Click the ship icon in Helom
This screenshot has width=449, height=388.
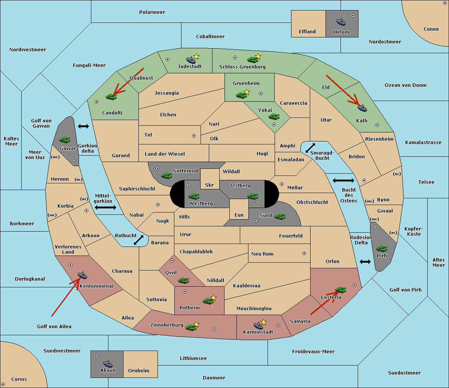[341, 22]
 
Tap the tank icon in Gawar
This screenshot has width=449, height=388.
[65, 140]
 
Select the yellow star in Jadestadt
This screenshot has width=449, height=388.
[196, 56]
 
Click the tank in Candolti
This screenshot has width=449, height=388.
[111, 97]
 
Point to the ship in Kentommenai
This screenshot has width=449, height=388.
[83, 275]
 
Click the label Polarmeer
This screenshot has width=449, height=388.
[152, 12]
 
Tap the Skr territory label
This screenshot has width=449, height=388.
[210, 185]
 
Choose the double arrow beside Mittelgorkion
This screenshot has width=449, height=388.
[106, 207]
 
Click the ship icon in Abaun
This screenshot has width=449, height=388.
[108, 363]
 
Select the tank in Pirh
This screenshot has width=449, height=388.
[382, 248]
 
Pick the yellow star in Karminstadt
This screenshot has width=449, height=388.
[263, 322]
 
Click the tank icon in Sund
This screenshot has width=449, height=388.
[280, 216]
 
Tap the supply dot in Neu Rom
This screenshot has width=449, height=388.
[304, 253]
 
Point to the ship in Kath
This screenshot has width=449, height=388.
[362, 108]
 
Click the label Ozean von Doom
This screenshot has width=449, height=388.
[406, 85]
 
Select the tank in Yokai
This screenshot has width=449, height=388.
[274, 117]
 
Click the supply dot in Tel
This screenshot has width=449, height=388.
[194, 136]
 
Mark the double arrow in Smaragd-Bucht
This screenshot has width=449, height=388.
[310, 148]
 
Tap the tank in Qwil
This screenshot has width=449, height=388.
[184, 280]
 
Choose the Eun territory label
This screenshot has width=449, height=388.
[239, 215]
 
